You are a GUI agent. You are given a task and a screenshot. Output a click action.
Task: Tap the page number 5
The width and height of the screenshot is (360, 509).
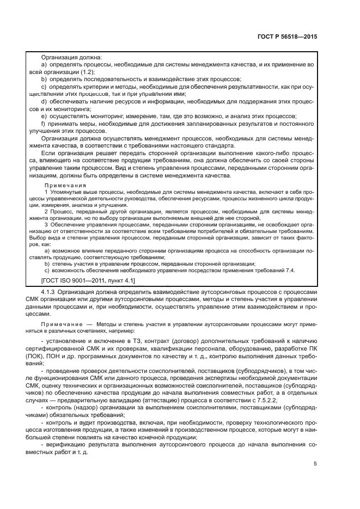click(315, 464)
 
